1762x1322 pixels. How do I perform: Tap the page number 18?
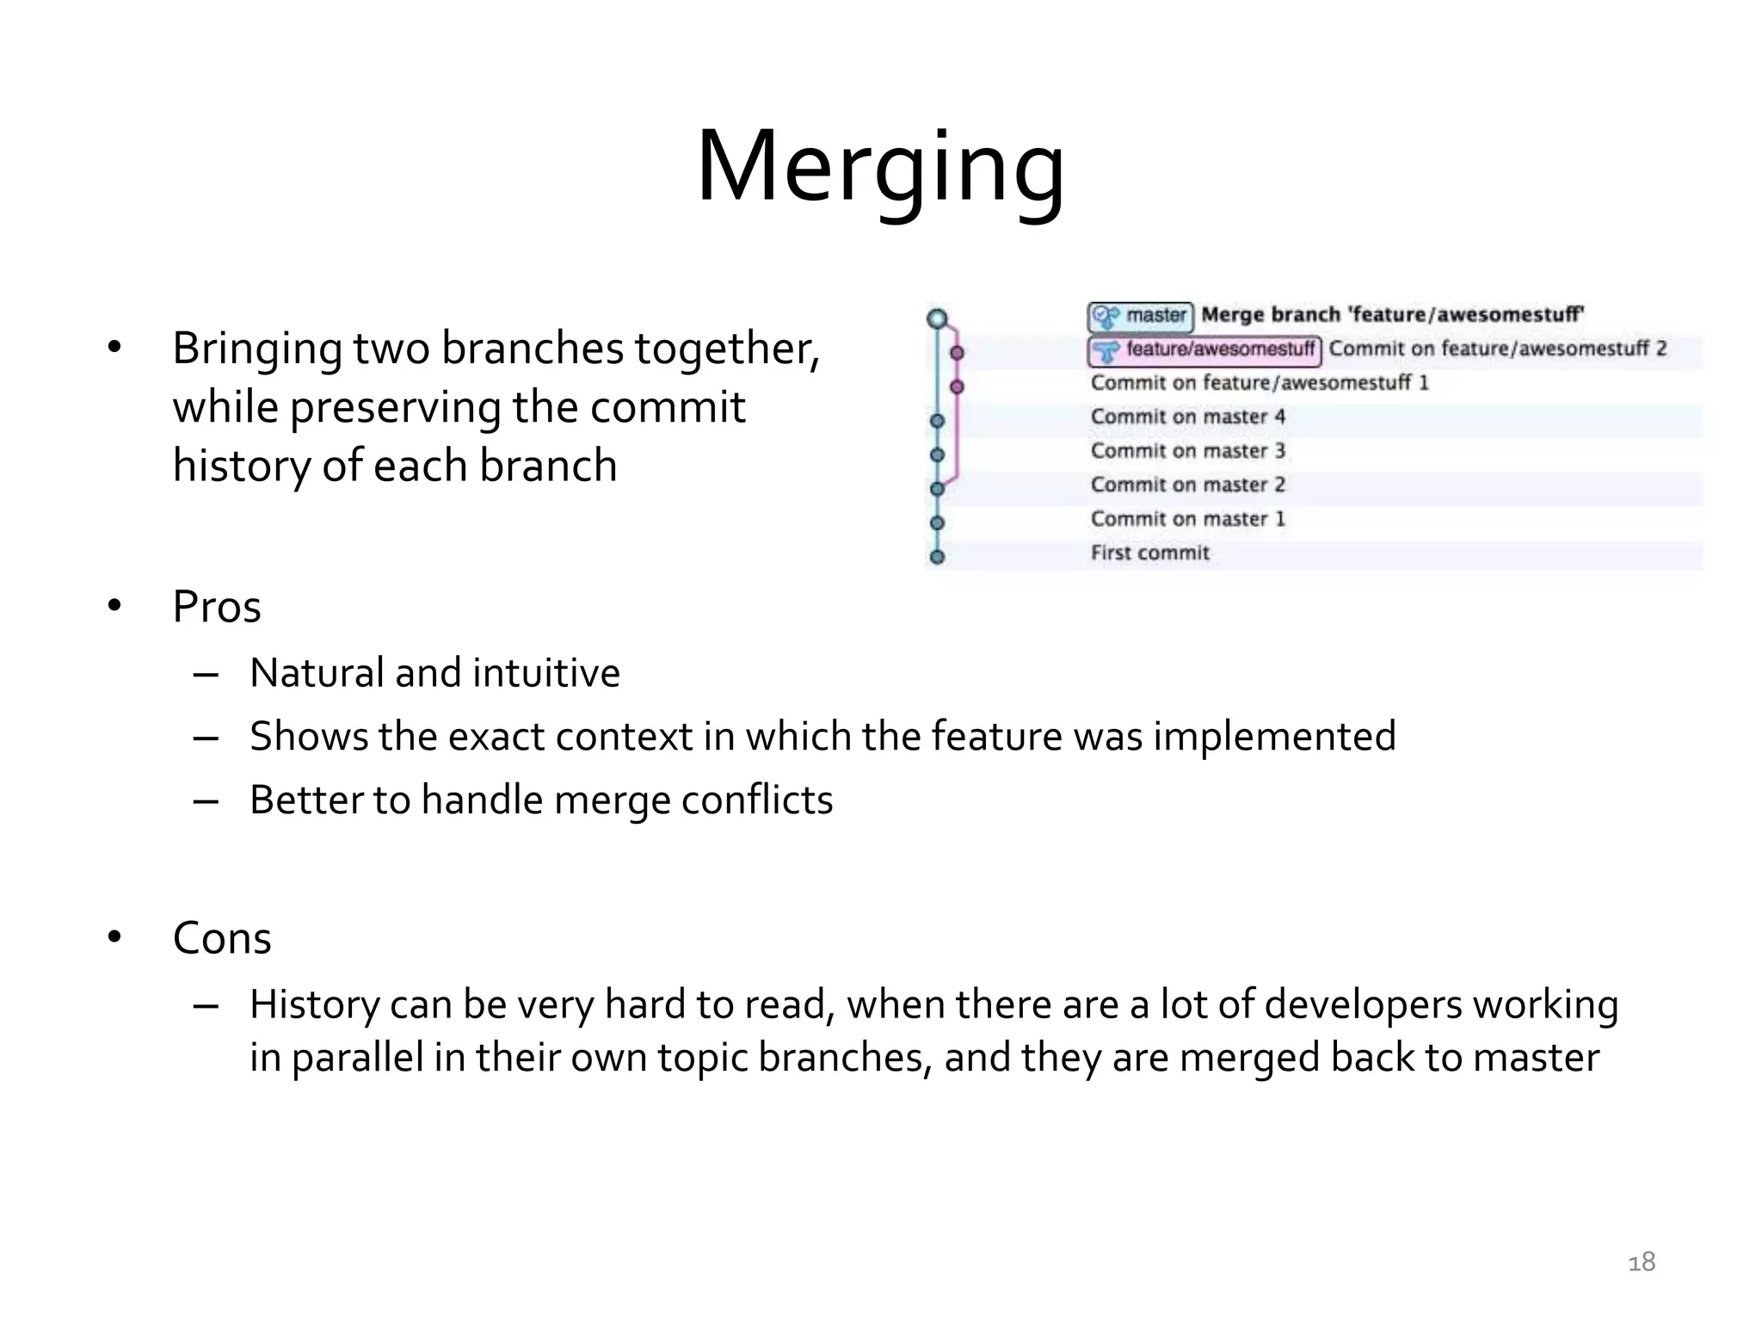tap(1642, 1262)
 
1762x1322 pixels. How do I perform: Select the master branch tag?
tap(1141, 316)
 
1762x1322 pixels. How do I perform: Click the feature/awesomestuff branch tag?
tap(1205, 349)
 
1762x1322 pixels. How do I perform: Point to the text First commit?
tap(1149, 553)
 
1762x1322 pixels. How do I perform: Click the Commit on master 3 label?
tap(1187, 451)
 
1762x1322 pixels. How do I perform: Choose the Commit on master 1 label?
tap(1187, 519)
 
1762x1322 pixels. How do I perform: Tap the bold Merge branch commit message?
tap(1392, 315)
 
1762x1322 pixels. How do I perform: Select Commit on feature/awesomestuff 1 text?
tap(1259, 383)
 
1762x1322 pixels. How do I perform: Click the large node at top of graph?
tap(937, 319)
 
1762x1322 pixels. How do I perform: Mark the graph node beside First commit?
tap(938, 557)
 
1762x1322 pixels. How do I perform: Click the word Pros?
tap(216, 607)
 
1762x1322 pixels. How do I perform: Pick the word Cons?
tap(222, 938)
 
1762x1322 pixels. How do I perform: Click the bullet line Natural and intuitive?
tap(434, 673)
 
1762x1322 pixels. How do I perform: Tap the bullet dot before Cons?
tap(115, 937)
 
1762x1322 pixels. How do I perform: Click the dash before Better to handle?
tap(206, 801)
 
